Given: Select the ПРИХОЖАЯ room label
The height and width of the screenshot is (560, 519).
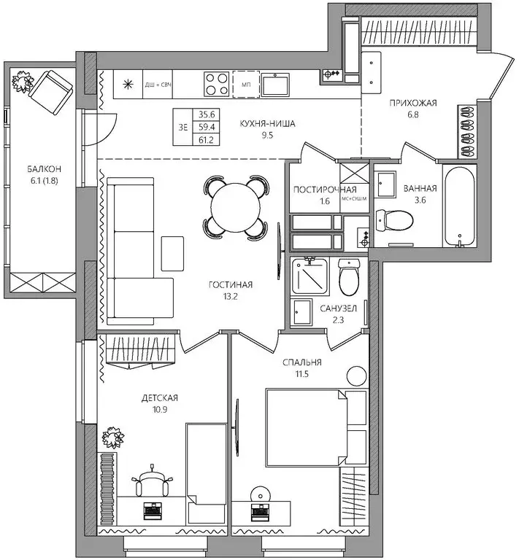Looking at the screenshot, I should coord(412,103).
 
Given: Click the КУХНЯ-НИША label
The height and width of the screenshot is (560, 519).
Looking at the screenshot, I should coord(267,124).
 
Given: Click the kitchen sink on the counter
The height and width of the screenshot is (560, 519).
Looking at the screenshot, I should coord(276,85).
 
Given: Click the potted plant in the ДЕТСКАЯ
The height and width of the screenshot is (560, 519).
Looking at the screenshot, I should coord(114,438).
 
